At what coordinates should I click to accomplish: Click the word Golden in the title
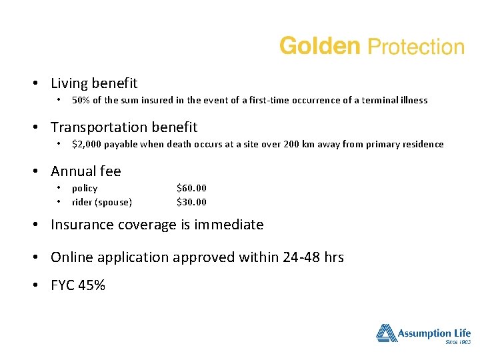point(319,46)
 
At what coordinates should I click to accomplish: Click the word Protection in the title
point(416,47)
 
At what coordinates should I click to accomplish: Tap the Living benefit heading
point(94,83)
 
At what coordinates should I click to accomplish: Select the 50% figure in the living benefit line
point(81,101)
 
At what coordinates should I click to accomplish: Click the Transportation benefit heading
point(124,127)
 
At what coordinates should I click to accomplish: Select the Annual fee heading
point(86,171)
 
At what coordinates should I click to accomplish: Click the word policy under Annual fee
point(85,189)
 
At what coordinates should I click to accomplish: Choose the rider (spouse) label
point(101,202)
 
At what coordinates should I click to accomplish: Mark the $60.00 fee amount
point(191,189)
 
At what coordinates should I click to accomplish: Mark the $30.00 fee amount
point(191,202)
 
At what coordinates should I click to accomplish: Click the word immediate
point(229,225)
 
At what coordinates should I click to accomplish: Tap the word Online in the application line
point(71,257)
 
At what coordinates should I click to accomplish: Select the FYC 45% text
point(78,286)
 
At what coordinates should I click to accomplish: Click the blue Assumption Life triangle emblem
point(386,333)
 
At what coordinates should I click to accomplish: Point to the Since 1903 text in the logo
point(457,341)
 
